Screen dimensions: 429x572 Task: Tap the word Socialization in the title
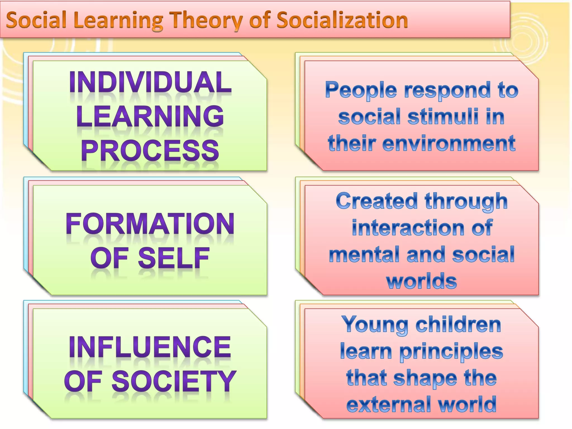pos(342,20)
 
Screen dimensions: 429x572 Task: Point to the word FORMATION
pos(150,224)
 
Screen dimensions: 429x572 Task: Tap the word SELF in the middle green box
pos(174,258)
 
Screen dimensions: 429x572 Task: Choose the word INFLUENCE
pos(150,347)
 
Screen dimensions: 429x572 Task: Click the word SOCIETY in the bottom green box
pos(174,381)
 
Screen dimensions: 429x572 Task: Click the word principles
pos(451,351)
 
